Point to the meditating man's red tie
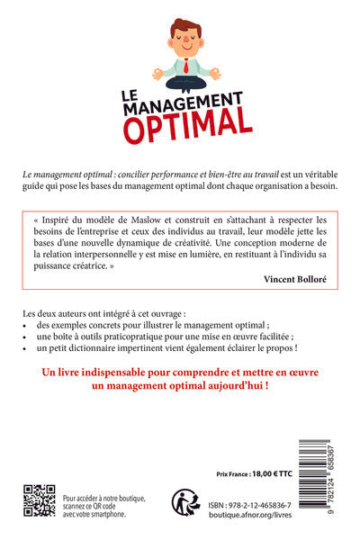click(185, 64)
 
